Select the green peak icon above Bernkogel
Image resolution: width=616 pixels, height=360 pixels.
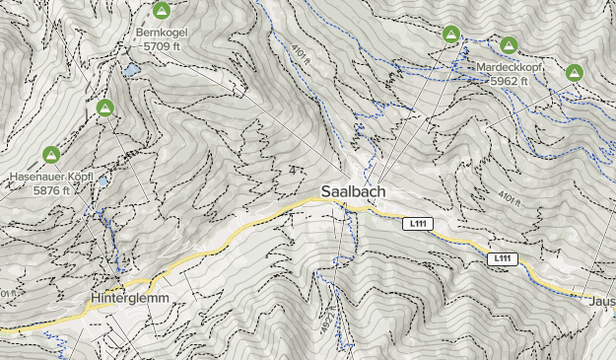coord(163,12)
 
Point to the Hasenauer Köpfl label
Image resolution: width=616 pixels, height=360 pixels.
coord(51,177)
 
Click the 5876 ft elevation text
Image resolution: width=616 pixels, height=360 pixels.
coord(50,189)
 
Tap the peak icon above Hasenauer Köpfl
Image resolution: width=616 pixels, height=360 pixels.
coord(51,154)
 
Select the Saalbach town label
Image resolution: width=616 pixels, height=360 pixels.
coord(352,191)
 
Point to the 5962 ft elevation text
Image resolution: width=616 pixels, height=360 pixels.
coord(511,80)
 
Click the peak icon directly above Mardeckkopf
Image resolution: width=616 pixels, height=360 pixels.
coord(509,44)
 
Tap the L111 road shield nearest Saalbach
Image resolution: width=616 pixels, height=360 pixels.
coord(419,224)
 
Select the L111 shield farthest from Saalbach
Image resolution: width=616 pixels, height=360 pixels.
coord(503,258)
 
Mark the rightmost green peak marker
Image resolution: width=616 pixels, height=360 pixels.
coord(574,72)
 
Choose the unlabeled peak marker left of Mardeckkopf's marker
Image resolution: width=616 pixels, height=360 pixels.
coord(451,34)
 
